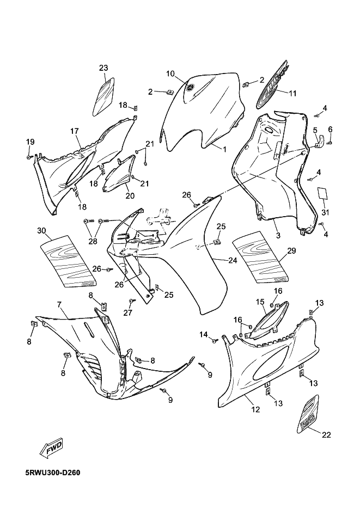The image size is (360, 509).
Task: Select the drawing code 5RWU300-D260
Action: (x=53, y=472)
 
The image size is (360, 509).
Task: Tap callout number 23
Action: (x=103, y=68)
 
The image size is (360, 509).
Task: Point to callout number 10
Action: (x=170, y=73)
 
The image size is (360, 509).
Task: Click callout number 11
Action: (x=292, y=93)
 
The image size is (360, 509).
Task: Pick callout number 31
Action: (x=326, y=212)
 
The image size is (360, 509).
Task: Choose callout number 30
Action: (x=41, y=230)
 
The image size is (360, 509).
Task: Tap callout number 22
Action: (x=326, y=434)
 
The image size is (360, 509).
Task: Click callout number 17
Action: (x=75, y=131)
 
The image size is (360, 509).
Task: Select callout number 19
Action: (x=30, y=142)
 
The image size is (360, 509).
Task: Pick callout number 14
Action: (x=203, y=334)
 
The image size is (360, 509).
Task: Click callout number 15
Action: (x=260, y=302)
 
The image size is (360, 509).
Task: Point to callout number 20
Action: (x=130, y=195)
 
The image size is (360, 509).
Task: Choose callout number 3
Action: (x=278, y=235)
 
